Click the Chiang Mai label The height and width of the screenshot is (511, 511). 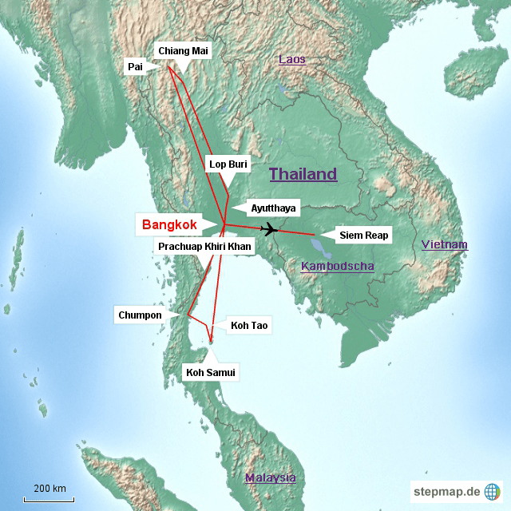click(x=183, y=51)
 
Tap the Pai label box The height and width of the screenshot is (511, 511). click(x=135, y=67)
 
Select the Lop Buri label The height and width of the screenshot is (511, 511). click(x=228, y=164)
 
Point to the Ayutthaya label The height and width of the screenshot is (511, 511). click(x=273, y=208)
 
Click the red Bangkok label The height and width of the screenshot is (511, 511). click(x=169, y=225)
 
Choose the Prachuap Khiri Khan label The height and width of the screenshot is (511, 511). click(x=204, y=247)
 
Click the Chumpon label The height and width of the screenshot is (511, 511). click(x=140, y=315)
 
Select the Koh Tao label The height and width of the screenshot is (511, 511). click(x=250, y=325)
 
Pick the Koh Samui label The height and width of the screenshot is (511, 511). click(x=212, y=372)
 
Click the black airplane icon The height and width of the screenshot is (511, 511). click(x=269, y=230)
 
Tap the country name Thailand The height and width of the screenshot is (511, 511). click(x=303, y=174)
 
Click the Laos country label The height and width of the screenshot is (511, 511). click(x=291, y=60)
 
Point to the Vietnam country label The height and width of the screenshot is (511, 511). click(x=445, y=244)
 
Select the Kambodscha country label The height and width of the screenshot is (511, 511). click(x=338, y=266)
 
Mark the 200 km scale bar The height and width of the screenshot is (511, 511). click(x=49, y=499)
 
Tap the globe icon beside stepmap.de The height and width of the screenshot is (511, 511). click(x=492, y=491)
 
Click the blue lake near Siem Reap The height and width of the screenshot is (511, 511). click(x=320, y=237)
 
